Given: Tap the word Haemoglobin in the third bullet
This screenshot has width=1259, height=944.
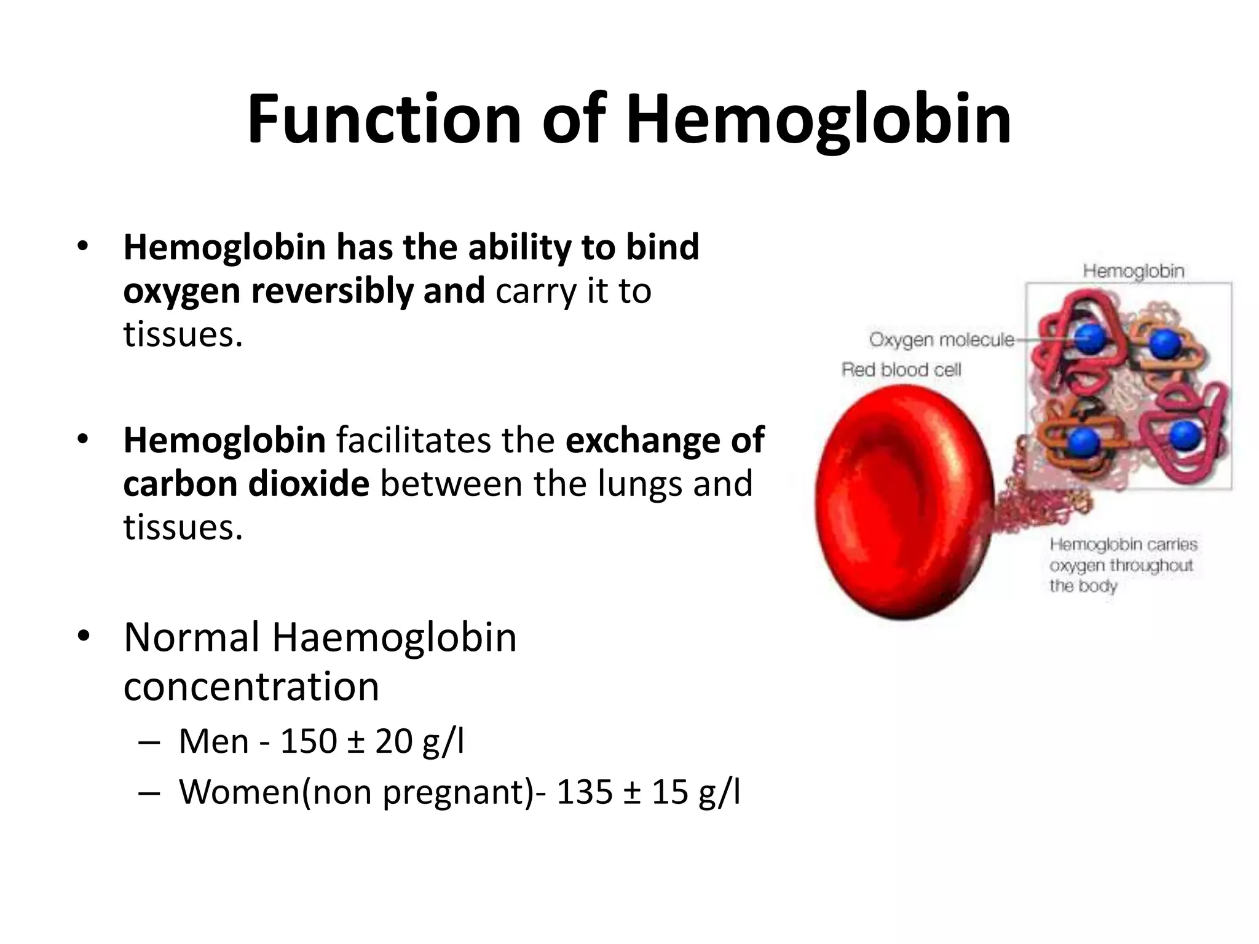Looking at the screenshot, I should (394, 637).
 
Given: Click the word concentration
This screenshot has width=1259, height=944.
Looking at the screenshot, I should (251, 686).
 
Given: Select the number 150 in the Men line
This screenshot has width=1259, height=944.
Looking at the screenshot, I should (309, 741).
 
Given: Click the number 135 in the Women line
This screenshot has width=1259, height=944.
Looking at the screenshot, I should (584, 792).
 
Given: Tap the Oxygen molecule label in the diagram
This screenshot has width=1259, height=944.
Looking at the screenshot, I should (941, 339).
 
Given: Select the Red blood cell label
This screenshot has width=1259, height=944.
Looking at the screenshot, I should (901, 369).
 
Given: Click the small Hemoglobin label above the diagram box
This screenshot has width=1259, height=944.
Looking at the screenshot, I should (1133, 271).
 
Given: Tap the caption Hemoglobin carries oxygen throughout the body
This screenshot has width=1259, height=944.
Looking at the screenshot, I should (1123, 565).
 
